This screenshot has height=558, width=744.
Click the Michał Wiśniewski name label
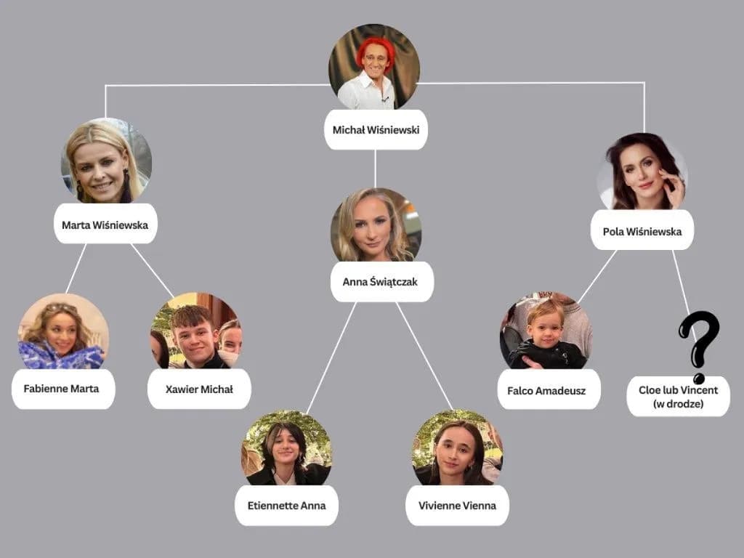click(376, 130)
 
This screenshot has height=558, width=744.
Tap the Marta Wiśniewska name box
click(105, 224)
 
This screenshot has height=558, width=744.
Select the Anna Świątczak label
click(381, 281)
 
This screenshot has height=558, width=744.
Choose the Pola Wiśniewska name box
click(642, 230)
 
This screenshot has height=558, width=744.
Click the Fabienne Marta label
click(62, 389)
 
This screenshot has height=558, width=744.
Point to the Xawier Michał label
click(199, 389)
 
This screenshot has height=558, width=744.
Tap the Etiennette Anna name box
click(286, 505)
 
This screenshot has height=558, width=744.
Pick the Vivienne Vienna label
click(457, 505)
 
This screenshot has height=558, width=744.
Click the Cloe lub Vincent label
click(678, 396)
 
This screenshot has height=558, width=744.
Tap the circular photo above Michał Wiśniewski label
click(374, 68)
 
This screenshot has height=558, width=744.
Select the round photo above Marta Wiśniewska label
click(106, 161)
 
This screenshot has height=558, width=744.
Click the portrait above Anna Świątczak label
click(376, 225)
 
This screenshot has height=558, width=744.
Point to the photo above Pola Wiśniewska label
click(642, 173)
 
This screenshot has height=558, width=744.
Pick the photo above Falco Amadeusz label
click(546, 331)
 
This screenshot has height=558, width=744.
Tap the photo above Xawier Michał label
click(196, 331)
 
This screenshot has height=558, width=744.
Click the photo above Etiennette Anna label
click(286, 448)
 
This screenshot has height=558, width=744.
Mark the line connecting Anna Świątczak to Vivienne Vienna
click(425, 356)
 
